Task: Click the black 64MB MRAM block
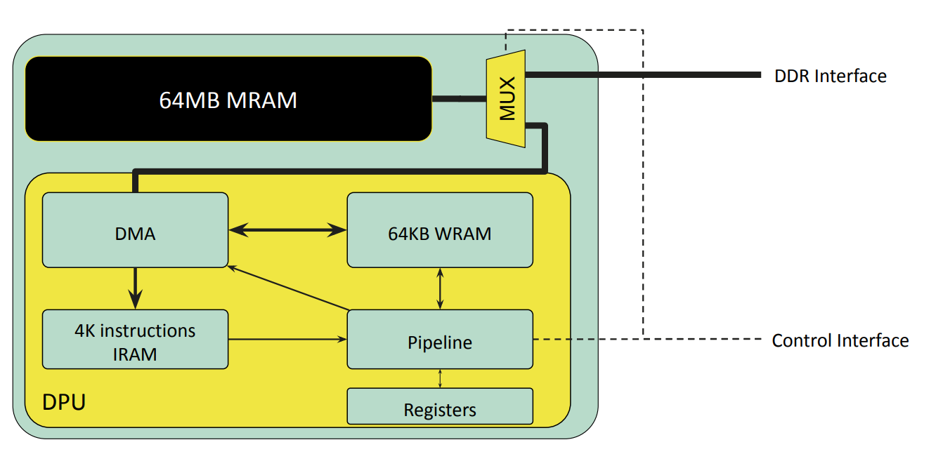click(228, 99)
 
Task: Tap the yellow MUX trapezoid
click(506, 99)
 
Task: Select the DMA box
click(135, 230)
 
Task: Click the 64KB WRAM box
click(440, 230)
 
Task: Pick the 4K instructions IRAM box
click(135, 339)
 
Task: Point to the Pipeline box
click(440, 339)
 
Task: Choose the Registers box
click(440, 406)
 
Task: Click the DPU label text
click(64, 402)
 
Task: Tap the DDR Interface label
click(831, 76)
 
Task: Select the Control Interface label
click(840, 340)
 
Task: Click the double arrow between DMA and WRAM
click(287, 230)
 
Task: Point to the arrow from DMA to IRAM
click(135, 289)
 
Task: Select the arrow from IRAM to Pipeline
click(287, 339)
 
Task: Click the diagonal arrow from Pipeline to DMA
click(288, 288)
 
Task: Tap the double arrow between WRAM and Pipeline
click(440, 289)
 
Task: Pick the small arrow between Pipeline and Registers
click(440, 378)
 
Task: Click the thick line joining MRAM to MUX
click(460, 99)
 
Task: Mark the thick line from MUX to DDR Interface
click(643, 75)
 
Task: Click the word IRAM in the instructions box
click(135, 354)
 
